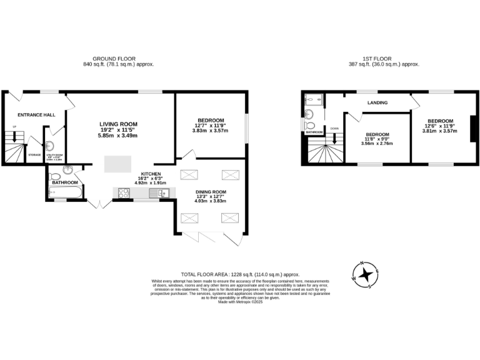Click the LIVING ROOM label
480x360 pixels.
(x=117, y=124)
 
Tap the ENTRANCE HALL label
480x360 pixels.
(x=36, y=115)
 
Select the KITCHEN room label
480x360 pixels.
(x=151, y=173)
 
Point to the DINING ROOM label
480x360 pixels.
(x=210, y=191)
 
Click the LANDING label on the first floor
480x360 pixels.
(x=377, y=103)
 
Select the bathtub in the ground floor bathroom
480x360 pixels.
(x=64, y=192)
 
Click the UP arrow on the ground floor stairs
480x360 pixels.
(x=14, y=137)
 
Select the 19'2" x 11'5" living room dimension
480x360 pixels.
(x=117, y=130)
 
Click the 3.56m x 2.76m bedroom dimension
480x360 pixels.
(x=377, y=143)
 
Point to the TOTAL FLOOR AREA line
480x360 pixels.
(x=240, y=274)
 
